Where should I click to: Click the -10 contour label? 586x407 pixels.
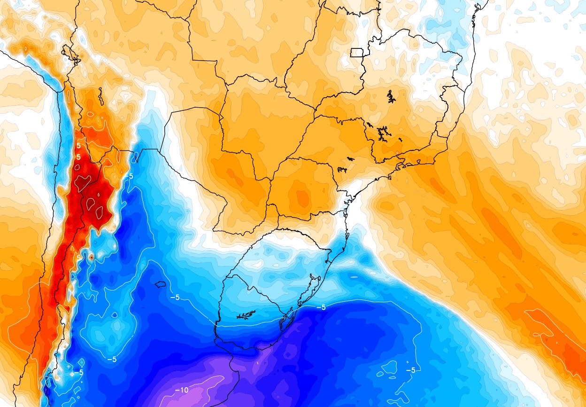point(182,390)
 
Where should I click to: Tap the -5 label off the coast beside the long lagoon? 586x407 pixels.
point(321,307)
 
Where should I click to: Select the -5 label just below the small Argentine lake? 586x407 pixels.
point(175,297)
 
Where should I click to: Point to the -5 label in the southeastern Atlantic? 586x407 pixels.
point(410,370)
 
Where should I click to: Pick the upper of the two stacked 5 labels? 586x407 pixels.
point(78,147)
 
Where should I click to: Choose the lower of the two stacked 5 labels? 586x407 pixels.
point(78,157)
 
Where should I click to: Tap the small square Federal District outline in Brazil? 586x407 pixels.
point(357,52)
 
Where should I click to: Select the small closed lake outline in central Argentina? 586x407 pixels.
point(161,284)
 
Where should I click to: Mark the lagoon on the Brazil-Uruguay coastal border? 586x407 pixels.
point(285,321)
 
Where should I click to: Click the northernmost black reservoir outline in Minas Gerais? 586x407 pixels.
point(391,97)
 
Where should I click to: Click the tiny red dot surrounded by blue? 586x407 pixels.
point(91,257)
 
